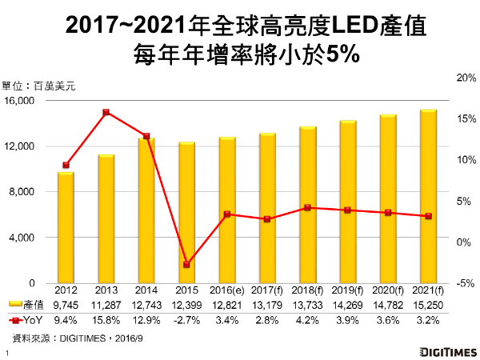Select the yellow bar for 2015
186,212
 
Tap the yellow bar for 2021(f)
428,196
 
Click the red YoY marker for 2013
106,112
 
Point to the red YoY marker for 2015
186,264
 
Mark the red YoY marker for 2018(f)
307,207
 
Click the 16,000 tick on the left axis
34,101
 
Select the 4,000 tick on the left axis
36,238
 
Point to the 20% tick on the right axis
466,78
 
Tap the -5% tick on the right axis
466,283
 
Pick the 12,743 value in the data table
146,305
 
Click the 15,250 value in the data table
428,305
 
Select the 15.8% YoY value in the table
106,320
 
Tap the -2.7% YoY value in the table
186,320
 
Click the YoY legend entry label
31,320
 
